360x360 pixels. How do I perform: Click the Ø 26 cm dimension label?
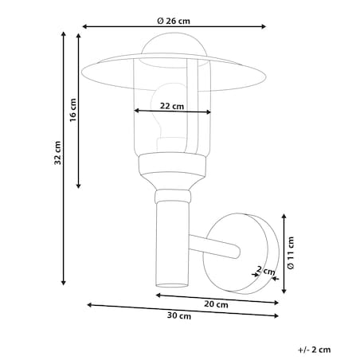pyautogui.click(x=174, y=21)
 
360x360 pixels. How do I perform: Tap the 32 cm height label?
pyautogui.click(x=57, y=153)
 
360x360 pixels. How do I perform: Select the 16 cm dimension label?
pyautogui.click(x=73, y=110)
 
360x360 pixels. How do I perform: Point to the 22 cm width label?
pyautogui.click(x=172, y=106)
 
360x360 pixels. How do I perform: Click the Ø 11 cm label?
pyautogui.click(x=291, y=253)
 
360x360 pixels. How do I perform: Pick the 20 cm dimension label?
pyautogui.click(x=216, y=304)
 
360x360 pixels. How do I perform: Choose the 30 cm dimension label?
pyautogui.click(x=179, y=316)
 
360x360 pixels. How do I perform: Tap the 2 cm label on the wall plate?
pyautogui.click(x=265, y=271)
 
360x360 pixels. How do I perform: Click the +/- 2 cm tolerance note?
pyautogui.click(x=315, y=350)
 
